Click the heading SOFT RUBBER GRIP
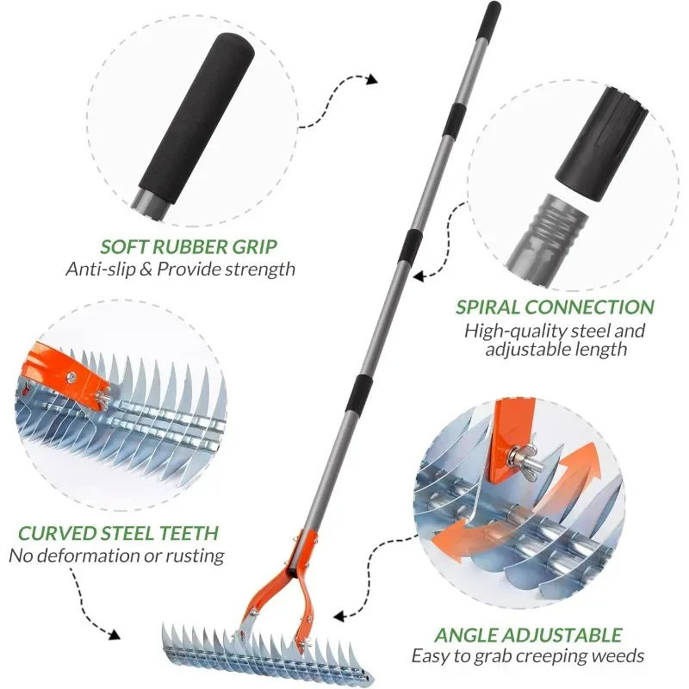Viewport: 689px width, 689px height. pos(189,246)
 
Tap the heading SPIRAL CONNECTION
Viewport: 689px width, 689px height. pos(555,307)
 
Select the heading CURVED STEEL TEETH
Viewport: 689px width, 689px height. pos(118,533)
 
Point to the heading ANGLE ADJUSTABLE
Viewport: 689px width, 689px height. pos(528,635)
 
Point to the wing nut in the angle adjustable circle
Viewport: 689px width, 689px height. pos(524,457)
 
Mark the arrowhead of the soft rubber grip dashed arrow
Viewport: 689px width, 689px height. pos(372,79)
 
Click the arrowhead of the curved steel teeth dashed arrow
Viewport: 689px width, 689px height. pos(115,634)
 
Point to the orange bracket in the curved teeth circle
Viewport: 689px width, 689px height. pos(66,371)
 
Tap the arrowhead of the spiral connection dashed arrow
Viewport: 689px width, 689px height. pos(419,276)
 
